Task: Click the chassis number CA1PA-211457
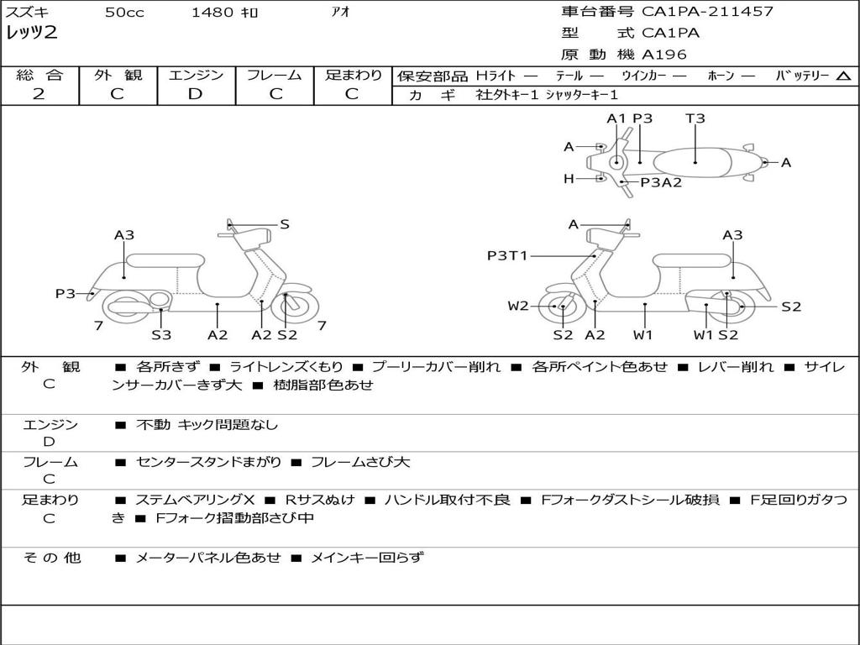point(707,12)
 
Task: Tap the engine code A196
point(664,55)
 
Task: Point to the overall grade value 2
point(39,94)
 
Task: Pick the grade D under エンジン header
point(196,94)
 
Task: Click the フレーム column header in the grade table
point(275,75)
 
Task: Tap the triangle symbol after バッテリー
point(844,76)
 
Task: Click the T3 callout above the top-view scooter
point(695,118)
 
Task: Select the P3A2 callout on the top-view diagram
point(661,182)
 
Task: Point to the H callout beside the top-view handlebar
point(569,178)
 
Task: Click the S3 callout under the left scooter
point(161,335)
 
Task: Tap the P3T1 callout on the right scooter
point(507,255)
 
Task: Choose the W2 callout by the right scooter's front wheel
point(518,306)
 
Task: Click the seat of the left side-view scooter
point(165,260)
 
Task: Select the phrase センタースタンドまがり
point(209,462)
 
